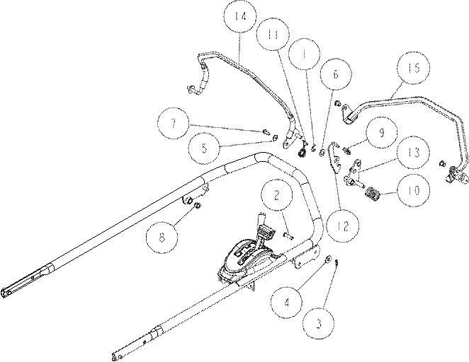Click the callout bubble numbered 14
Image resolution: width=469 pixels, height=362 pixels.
click(x=240, y=16)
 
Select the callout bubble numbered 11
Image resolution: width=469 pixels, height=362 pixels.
click(x=273, y=35)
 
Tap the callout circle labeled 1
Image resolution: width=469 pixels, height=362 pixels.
click(x=304, y=54)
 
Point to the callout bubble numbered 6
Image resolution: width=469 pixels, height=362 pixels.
click(x=336, y=74)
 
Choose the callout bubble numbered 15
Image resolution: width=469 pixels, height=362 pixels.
click(x=414, y=68)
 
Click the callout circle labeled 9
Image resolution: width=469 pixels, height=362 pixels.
click(x=381, y=132)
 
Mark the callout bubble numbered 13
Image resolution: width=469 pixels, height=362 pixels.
click(x=413, y=152)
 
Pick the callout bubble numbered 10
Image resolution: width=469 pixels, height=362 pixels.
click(x=414, y=190)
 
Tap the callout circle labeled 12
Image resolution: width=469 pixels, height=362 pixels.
click(x=343, y=226)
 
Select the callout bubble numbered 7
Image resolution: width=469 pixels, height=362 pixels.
click(x=173, y=123)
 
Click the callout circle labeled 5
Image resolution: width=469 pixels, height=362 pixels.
click(x=205, y=148)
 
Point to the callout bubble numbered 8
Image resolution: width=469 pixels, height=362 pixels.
click(x=162, y=238)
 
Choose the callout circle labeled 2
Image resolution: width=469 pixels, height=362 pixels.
click(x=277, y=194)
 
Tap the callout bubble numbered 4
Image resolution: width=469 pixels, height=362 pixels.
click(x=287, y=303)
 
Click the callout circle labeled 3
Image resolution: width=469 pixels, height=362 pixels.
click(x=319, y=323)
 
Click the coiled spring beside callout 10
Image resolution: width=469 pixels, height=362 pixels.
click(x=373, y=194)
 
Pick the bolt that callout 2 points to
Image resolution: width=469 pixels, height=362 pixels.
click(x=288, y=235)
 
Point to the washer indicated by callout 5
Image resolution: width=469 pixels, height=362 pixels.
click(x=275, y=138)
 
